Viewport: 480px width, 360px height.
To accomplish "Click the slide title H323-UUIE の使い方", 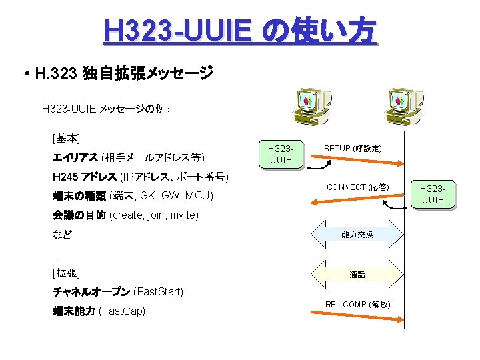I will pos(240,31).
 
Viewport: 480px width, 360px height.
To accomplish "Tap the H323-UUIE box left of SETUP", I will pos(280,154).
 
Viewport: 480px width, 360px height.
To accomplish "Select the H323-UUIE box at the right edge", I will pos(433,195).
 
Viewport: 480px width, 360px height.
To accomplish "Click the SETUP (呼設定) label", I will pos(352,148).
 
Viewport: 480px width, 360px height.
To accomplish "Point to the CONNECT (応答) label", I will pos(357,187).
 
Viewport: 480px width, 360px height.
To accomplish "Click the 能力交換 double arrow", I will pos(357,234).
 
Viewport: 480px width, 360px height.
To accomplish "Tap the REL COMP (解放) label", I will pos(357,304).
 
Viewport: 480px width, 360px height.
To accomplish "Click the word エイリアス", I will pos(75,158).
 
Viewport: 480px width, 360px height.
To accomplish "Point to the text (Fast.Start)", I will pos(159,292).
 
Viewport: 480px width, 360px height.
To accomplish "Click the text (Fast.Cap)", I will pos(121,311).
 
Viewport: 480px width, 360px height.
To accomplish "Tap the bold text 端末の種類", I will pos(78,195).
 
